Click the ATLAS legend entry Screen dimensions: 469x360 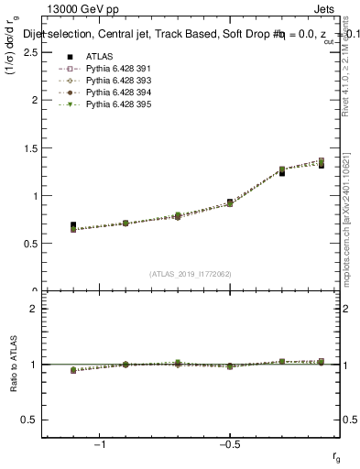pyautogui.click(x=99, y=56)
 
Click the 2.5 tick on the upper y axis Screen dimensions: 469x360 pyautogui.click(x=32, y=52)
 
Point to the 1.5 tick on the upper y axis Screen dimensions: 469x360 pyautogui.click(x=32, y=147)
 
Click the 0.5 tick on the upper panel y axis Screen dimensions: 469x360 pyautogui.click(x=32, y=243)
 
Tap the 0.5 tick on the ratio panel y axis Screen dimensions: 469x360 pyautogui.click(x=32, y=420)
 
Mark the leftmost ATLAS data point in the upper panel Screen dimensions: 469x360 pyautogui.click(x=73, y=225)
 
